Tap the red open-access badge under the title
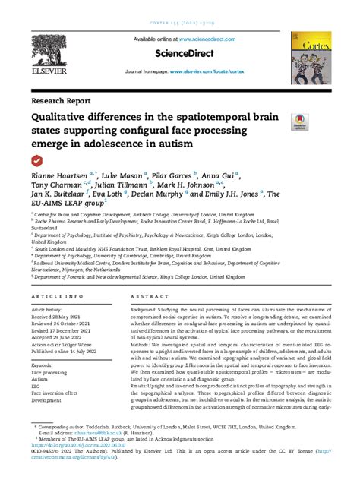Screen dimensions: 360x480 pyautogui.click(x=36, y=160)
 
